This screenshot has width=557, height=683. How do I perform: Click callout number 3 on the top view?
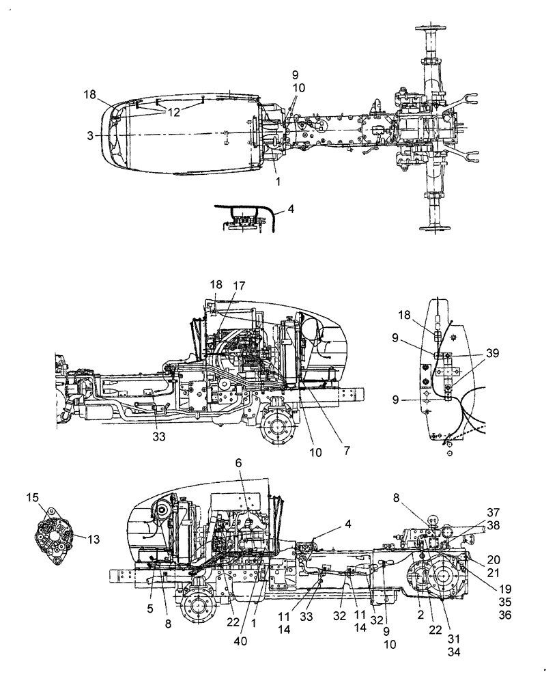tap(90, 136)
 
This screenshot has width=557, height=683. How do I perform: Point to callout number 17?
tap(239, 285)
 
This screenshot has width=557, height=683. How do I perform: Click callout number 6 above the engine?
tap(238, 463)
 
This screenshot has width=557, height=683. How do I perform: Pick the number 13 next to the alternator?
tap(93, 539)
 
